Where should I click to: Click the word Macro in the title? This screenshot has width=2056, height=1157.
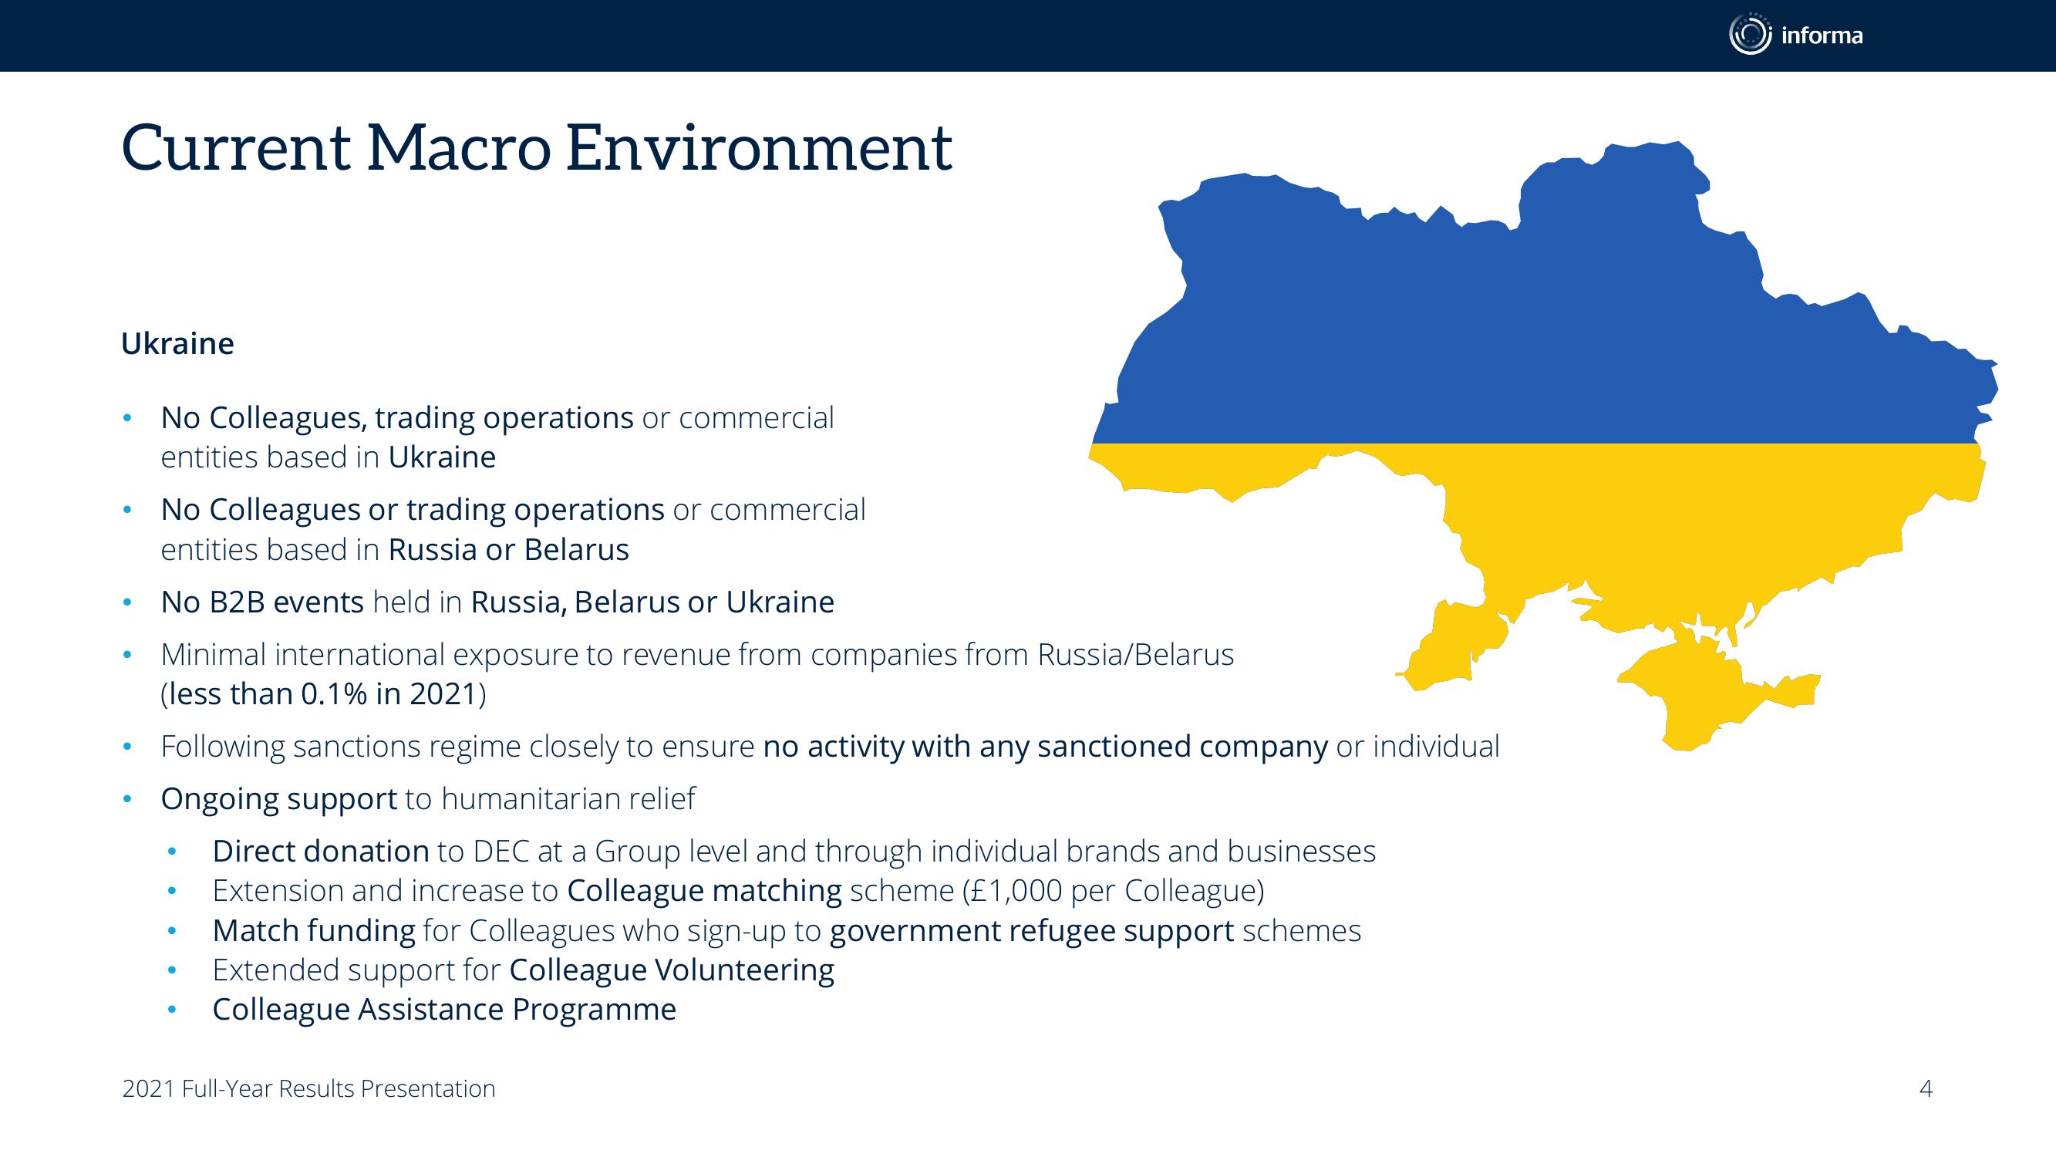pos(459,149)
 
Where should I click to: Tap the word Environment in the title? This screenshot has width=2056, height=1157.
pos(759,149)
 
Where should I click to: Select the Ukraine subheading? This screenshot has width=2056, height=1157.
pos(177,343)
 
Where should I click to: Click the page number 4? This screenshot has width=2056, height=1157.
pos(1926,1088)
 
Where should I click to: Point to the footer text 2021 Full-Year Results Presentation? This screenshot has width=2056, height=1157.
pos(309,1088)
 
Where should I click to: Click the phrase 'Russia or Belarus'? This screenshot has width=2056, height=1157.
pos(508,549)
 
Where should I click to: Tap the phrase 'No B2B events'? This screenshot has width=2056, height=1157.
pos(262,602)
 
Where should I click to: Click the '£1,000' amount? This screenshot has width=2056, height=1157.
pos(1013,890)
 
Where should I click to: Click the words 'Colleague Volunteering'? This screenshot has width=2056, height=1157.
pos(672,970)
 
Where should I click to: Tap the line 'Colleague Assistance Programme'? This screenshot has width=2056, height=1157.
pos(444,1009)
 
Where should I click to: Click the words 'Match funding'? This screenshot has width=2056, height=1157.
pos(315,930)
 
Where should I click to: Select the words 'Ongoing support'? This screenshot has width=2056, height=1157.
pos(279,798)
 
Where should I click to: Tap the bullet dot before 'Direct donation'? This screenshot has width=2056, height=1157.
pos(172,852)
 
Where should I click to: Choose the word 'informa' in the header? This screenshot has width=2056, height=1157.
pos(1822,35)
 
